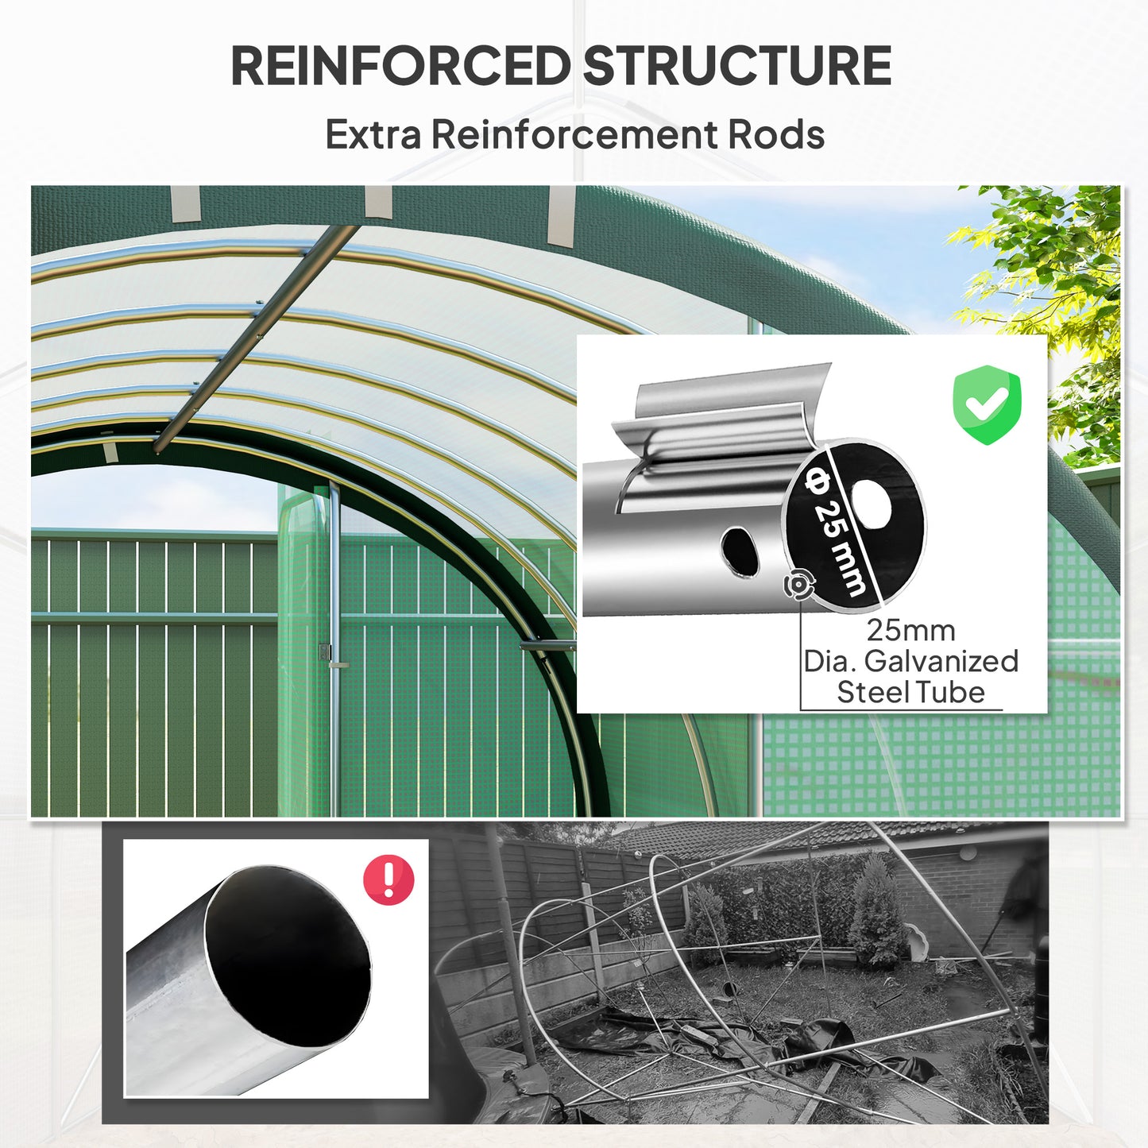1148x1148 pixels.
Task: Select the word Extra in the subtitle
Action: tap(373, 134)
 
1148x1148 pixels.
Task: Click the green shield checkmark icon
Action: tap(986, 404)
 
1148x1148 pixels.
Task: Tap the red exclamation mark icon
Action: tap(388, 879)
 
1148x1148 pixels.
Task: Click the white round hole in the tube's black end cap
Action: tap(872, 504)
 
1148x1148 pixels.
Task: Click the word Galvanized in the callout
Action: tap(941, 661)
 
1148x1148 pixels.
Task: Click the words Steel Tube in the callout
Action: tap(910, 692)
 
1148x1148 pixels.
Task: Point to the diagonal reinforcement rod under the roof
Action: tap(254, 338)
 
